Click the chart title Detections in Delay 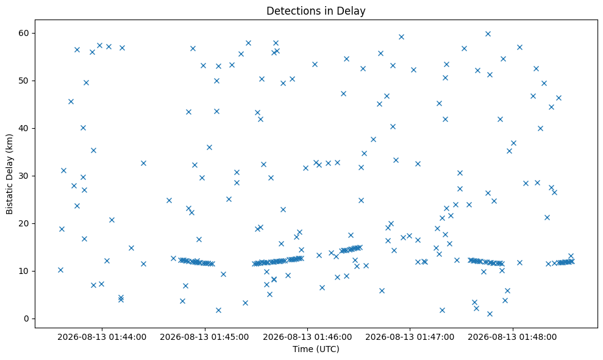coord(316,11)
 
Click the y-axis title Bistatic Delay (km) coord(9,174)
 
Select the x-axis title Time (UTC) coord(316,349)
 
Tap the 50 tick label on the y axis coord(23,81)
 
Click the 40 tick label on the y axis coord(23,128)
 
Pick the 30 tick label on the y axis coord(23,176)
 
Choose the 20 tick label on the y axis coord(23,224)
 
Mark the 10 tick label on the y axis coord(23,271)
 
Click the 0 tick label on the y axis coord(27,319)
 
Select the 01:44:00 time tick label coord(102,337)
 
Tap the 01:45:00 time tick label coord(205,337)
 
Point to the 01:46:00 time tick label coord(307,337)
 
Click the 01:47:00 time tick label coord(410,337)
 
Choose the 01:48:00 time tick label coord(513,337)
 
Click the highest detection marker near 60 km coord(488,34)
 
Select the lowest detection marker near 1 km coord(490,314)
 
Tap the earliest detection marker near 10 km coord(60,270)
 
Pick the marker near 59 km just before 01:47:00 coord(401,37)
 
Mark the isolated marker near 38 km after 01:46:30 coord(373,139)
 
